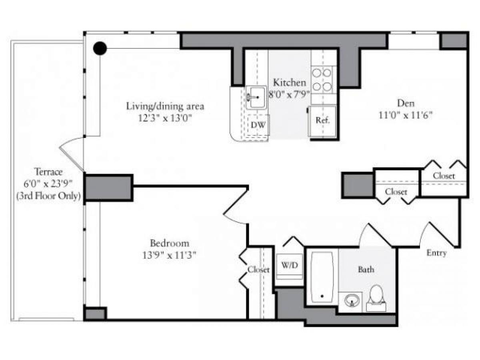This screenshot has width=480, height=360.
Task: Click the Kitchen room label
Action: coord(290,83)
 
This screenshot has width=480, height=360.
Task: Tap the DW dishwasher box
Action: coord(258,125)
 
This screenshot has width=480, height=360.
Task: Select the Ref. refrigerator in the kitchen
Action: coord(322,120)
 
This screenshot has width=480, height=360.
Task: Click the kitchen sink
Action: coord(256,97)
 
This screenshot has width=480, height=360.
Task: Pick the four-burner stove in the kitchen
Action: coord(322,80)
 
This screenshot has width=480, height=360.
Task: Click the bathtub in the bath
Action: coord(322,276)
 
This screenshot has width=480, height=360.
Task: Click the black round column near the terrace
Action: coord(100,48)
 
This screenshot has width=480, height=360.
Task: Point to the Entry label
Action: coord(436,253)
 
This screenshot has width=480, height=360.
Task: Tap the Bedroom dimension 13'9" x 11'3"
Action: coord(170,254)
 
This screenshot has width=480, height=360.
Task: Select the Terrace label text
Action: coord(48,172)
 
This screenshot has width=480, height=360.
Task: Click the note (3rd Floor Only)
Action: coord(48,196)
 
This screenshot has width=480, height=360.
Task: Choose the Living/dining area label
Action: coord(165,106)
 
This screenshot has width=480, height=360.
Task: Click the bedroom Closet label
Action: coord(258,270)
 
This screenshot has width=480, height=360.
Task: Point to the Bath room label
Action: coord(366,270)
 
